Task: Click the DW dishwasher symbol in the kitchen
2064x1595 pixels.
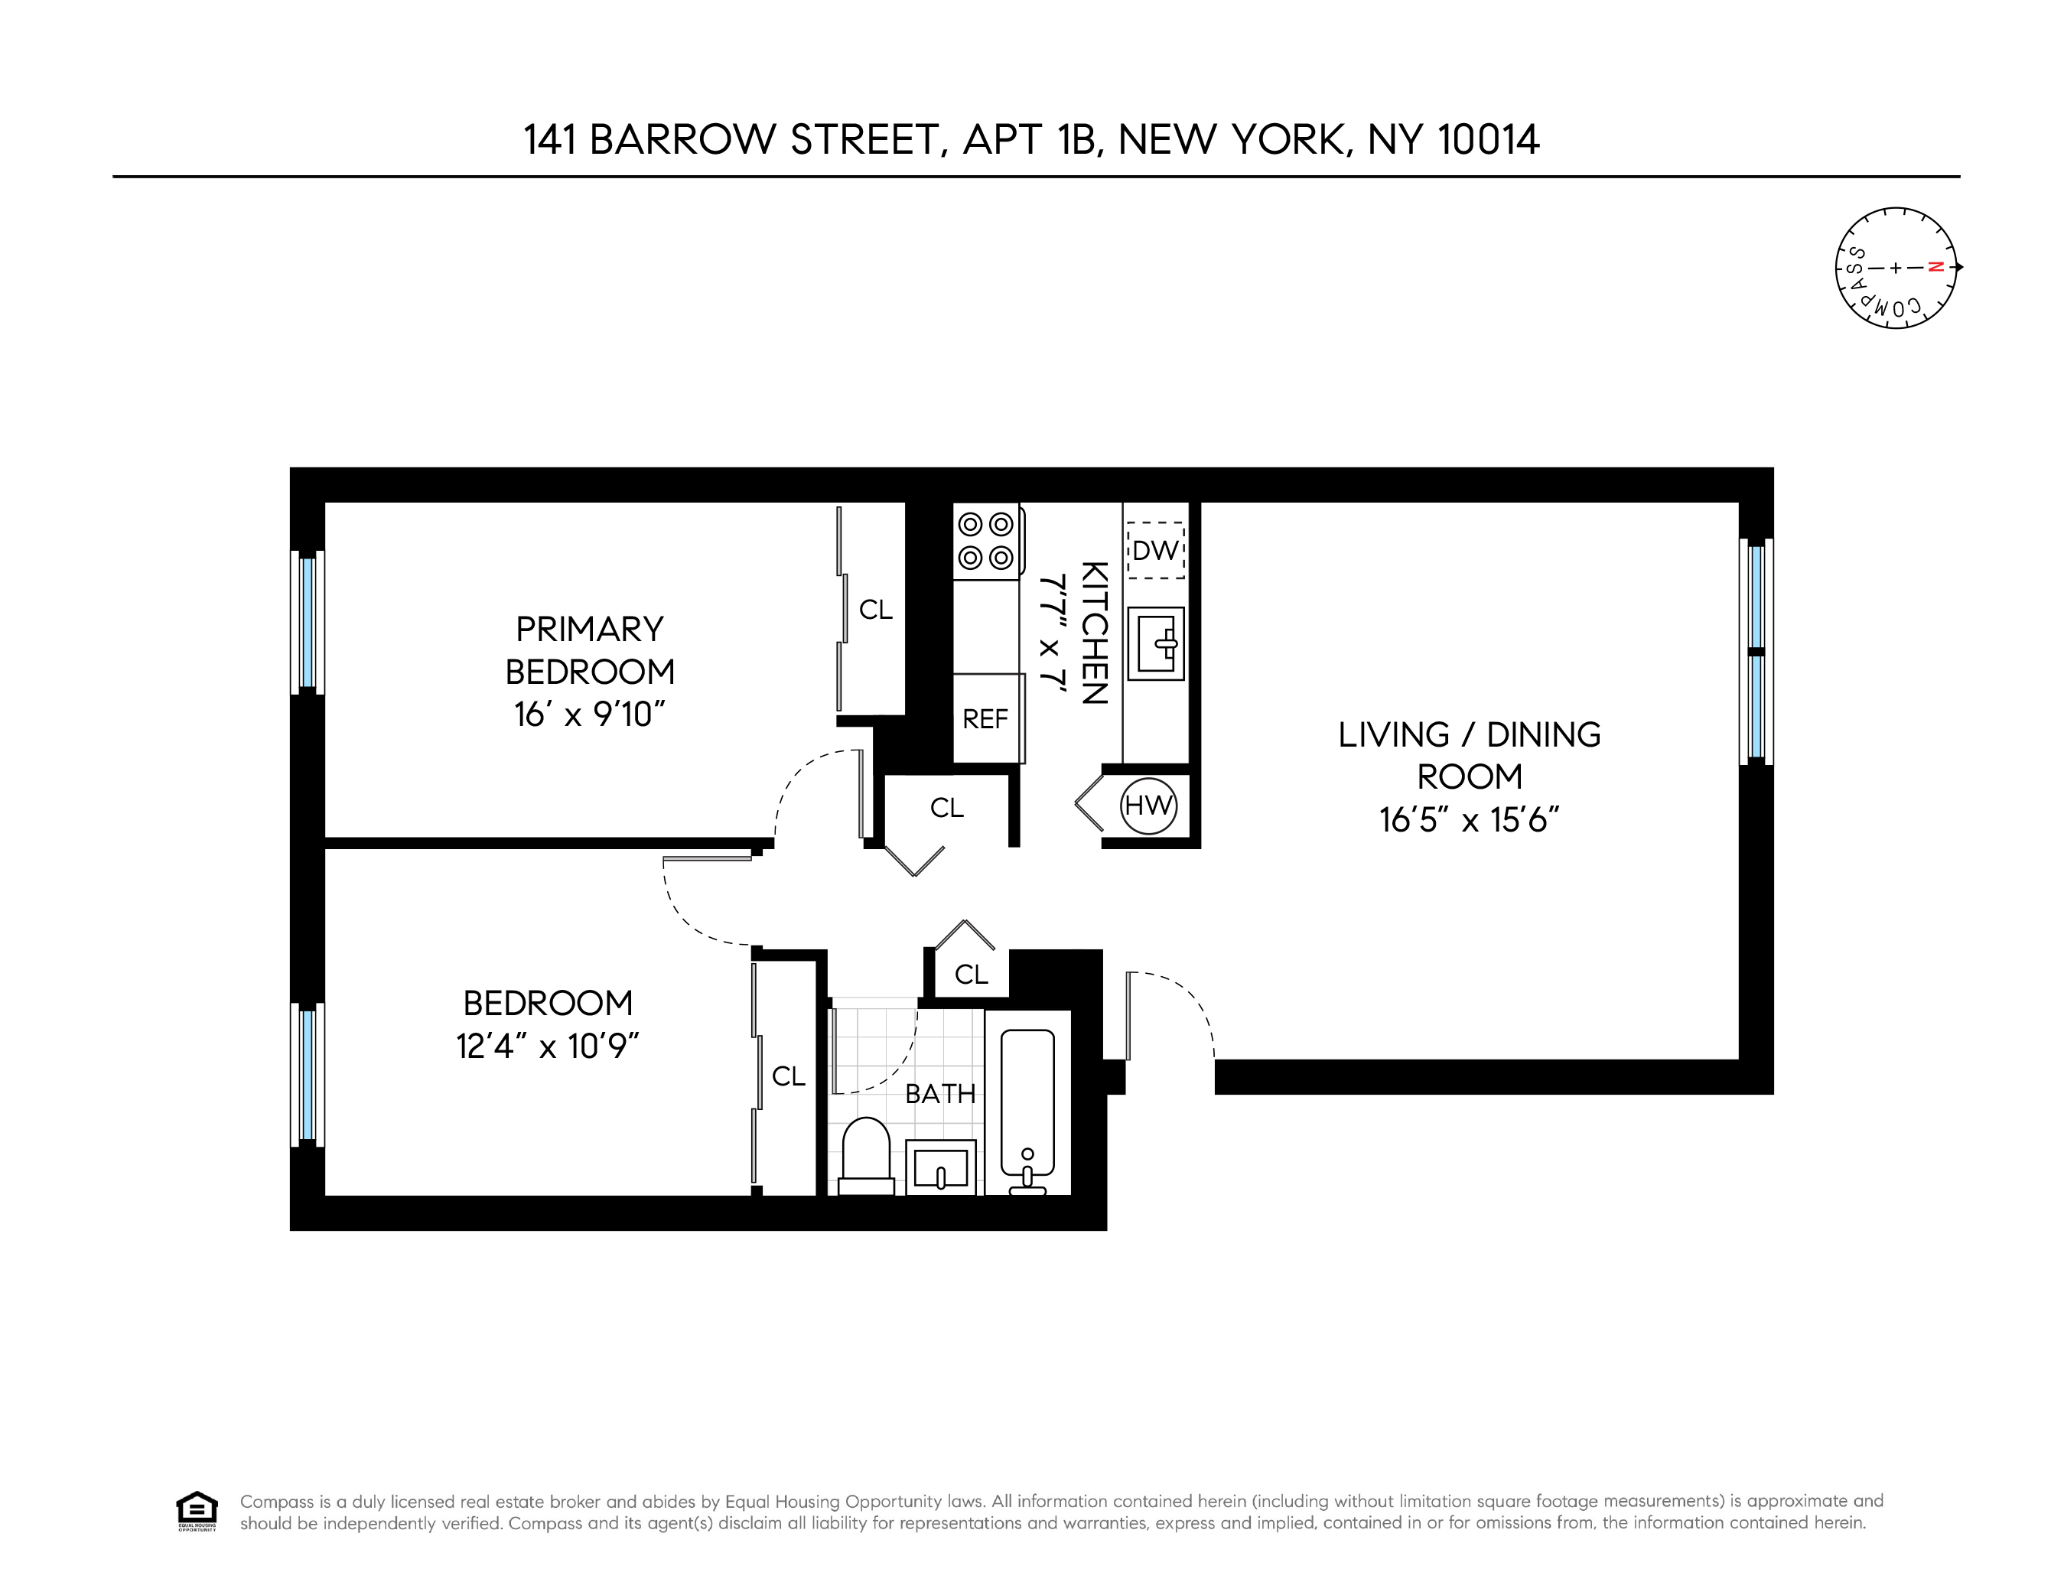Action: coord(1155,550)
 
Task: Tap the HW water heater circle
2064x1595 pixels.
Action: coord(1148,806)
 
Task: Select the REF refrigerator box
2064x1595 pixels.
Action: coord(985,718)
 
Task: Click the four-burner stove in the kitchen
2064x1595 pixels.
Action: coord(985,541)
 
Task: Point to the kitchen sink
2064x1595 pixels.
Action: coord(1155,643)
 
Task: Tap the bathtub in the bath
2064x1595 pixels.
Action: coord(1027,1104)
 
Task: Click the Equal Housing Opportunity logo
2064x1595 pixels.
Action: coord(197,1511)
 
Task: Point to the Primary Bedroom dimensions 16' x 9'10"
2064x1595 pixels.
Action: coord(590,714)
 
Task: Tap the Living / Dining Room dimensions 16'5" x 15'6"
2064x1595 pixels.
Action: coord(1469,819)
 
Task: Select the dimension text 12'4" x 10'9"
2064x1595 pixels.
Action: coord(549,1046)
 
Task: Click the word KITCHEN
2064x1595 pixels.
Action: coord(1093,633)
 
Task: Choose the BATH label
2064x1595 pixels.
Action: coord(939,1094)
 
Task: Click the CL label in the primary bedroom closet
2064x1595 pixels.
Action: coord(875,610)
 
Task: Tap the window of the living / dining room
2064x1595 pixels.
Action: coord(1756,651)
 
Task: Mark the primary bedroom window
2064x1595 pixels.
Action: coord(307,622)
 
